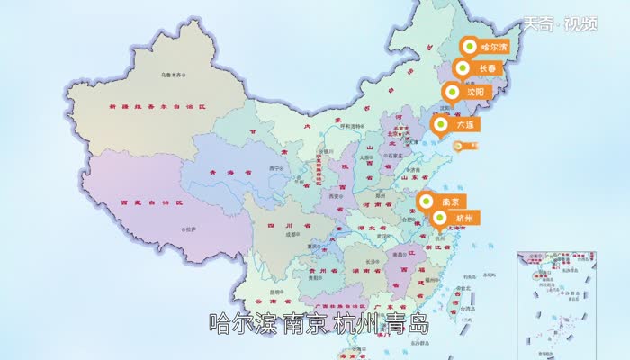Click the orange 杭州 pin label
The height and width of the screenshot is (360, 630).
pos(455,218)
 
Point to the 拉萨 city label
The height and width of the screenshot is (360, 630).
pos(192,230)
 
